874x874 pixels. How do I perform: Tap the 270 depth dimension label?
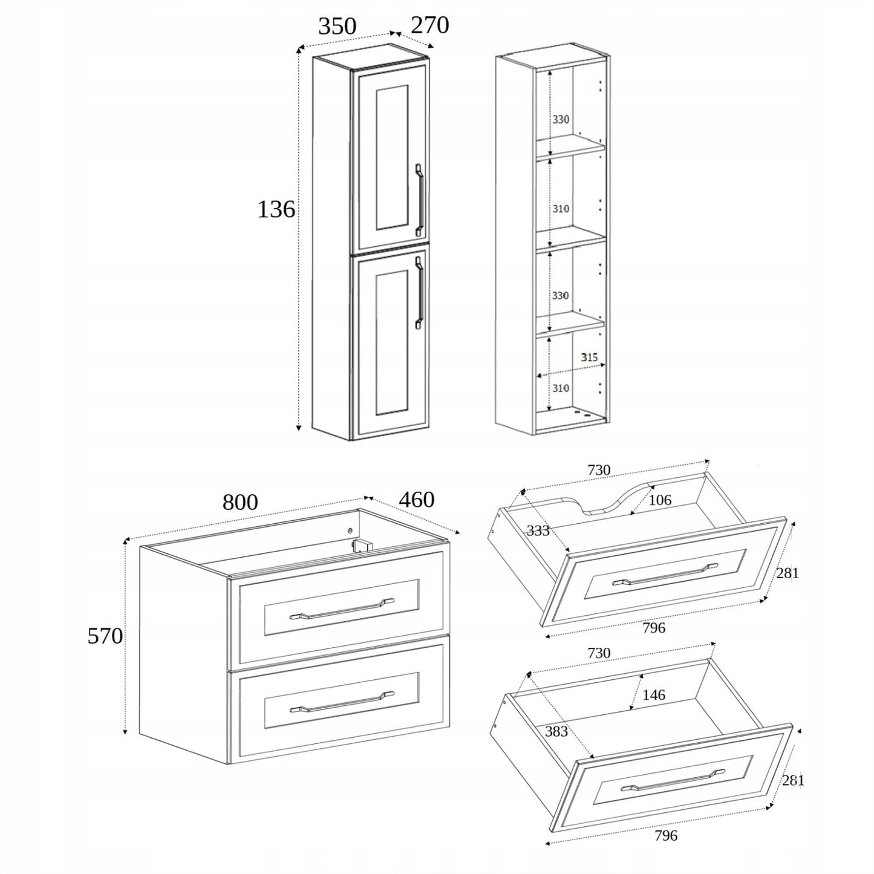click(x=429, y=25)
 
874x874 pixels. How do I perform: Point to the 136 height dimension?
click(x=276, y=209)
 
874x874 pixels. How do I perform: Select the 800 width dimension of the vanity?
click(x=240, y=502)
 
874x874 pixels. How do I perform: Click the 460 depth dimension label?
click(x=416, y=500)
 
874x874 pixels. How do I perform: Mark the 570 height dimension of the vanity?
click(x=105, y=636)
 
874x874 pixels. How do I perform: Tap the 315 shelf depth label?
click(x=589, y=357)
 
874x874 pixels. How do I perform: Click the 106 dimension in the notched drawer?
click(x=660, y=500)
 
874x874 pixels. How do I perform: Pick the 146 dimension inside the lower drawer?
click(x=653, y=695)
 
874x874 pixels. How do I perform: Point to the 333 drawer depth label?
click(x=537, y=530)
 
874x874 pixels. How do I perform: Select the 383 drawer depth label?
click(x=556, y=731)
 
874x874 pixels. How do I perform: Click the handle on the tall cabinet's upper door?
click(x=419, y=200)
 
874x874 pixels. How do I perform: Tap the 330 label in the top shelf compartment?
click(x=561, y=120)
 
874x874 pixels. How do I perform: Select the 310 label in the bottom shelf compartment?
click(x=561, y=388)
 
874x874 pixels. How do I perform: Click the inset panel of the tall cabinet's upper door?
click(x=392, y=157)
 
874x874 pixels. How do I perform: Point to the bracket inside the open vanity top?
click(x=361, y=544)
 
